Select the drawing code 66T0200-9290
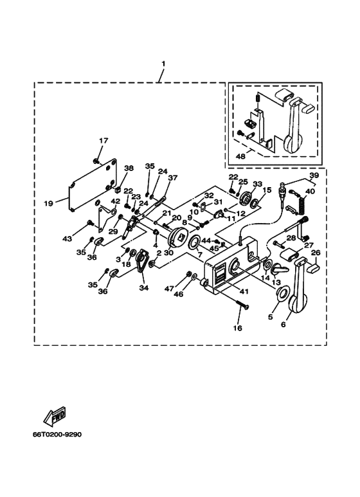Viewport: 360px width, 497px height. click(57, 434)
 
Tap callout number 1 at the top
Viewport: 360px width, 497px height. click(163, 64)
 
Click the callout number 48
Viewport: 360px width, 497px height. click(241, 156)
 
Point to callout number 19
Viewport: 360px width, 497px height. click(48, 203)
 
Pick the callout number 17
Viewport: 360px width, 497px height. click(104, 140)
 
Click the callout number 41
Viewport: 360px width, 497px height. click(244, 291)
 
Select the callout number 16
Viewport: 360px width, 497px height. click(238, 328)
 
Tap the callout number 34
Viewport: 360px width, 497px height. click(143, 288)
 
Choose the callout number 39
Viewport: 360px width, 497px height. click(314, 175)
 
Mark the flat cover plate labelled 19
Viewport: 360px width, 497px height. click(92, 185)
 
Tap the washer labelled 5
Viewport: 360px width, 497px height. click(282, 293)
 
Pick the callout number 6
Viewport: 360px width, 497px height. click(283, 324)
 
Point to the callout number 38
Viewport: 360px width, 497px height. click(129, 168)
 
